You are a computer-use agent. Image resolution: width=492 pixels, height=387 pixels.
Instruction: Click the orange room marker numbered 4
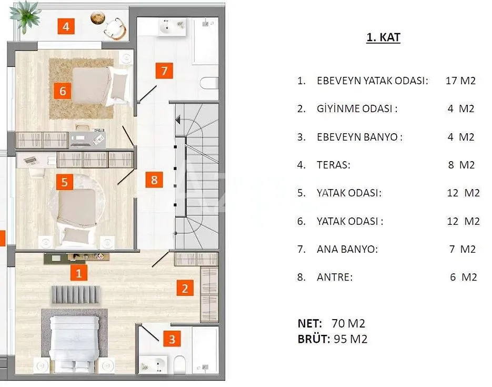[66, 26]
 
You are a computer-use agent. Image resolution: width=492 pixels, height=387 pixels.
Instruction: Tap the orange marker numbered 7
[164, 71]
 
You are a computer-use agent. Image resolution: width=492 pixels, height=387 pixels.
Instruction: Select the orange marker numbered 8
[154, 180]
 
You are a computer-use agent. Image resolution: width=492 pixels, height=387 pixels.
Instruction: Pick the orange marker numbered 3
[172, 339]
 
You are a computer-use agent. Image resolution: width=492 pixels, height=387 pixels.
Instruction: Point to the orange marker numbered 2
[185, 288]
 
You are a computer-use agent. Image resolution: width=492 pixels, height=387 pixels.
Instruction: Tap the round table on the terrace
[97, 17]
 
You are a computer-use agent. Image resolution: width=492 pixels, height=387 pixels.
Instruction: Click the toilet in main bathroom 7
[209, 83]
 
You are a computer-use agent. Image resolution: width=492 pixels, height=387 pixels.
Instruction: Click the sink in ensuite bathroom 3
[154, 365]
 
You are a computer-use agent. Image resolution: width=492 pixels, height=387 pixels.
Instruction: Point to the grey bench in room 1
[75, 294]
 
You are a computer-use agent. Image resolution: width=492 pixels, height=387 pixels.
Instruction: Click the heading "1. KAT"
[383, 37]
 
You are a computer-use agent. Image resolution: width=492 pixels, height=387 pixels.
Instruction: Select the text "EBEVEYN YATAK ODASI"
[372, 81]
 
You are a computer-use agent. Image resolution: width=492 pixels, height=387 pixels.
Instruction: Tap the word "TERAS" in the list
[333, 165]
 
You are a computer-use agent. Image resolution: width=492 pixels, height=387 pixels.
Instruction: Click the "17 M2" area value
[460, 81]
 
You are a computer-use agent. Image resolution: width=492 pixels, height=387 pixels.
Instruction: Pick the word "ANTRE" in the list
[334, 277]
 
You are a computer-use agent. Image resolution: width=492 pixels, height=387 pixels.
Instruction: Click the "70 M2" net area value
[348, 323]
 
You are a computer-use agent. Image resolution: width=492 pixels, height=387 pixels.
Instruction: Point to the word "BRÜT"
[313, 339]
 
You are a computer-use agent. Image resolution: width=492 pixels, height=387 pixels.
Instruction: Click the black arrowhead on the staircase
[178, 120]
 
